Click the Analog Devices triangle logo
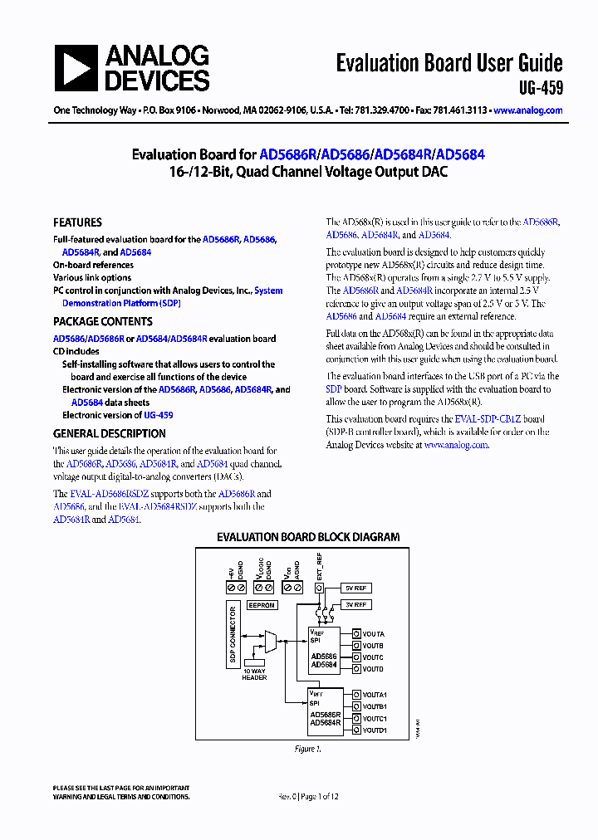coord(76,67)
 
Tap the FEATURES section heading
coord(77,222)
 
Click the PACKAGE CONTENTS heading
coord(102,321)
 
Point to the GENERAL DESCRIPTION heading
coord(109,433)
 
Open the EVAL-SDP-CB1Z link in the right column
coord(488,419)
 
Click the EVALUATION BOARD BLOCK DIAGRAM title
coord(308,537)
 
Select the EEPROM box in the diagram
coord(262,605)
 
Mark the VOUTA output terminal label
coord(373,633)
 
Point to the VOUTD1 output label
coord(375,730)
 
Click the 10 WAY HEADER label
coord(254,674)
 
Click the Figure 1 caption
coord(306,749)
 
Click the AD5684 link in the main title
coord(460,154)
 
